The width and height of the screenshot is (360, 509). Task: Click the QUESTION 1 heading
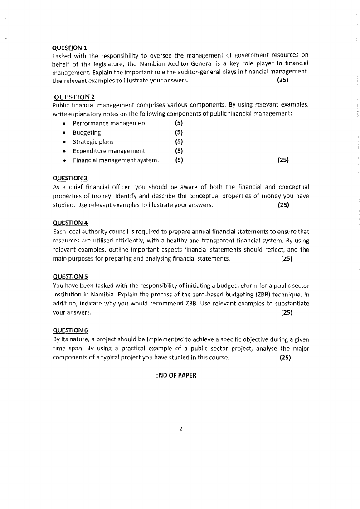[70, 48]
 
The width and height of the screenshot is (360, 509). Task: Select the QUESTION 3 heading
[70, 178]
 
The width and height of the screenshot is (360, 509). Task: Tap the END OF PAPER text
[175, 375]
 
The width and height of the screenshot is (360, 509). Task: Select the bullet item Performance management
[110, 123]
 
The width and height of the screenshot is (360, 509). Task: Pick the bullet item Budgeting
[87, 132]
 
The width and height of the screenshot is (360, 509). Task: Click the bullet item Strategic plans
[93, 141]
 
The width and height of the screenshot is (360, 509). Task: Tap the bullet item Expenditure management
[109, 151]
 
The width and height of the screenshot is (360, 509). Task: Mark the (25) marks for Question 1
[282, 81]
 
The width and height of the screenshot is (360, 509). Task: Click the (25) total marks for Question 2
[282, 160]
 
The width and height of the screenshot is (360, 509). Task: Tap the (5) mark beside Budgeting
[179, 132]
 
